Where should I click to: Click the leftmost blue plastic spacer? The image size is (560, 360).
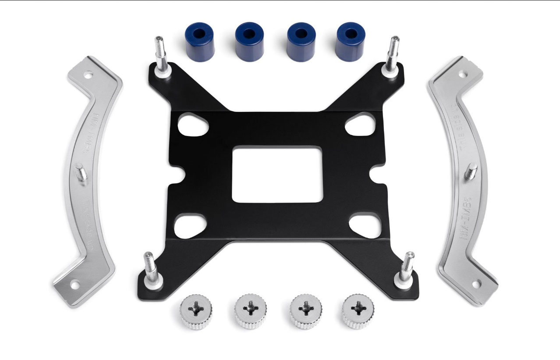point(199,41)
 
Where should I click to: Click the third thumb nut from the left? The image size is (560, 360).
point(304,310)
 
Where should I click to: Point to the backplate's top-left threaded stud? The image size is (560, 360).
point(159,55)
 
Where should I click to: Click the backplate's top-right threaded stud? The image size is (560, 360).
point(392,53)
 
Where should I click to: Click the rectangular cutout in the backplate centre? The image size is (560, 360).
point(277,174)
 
